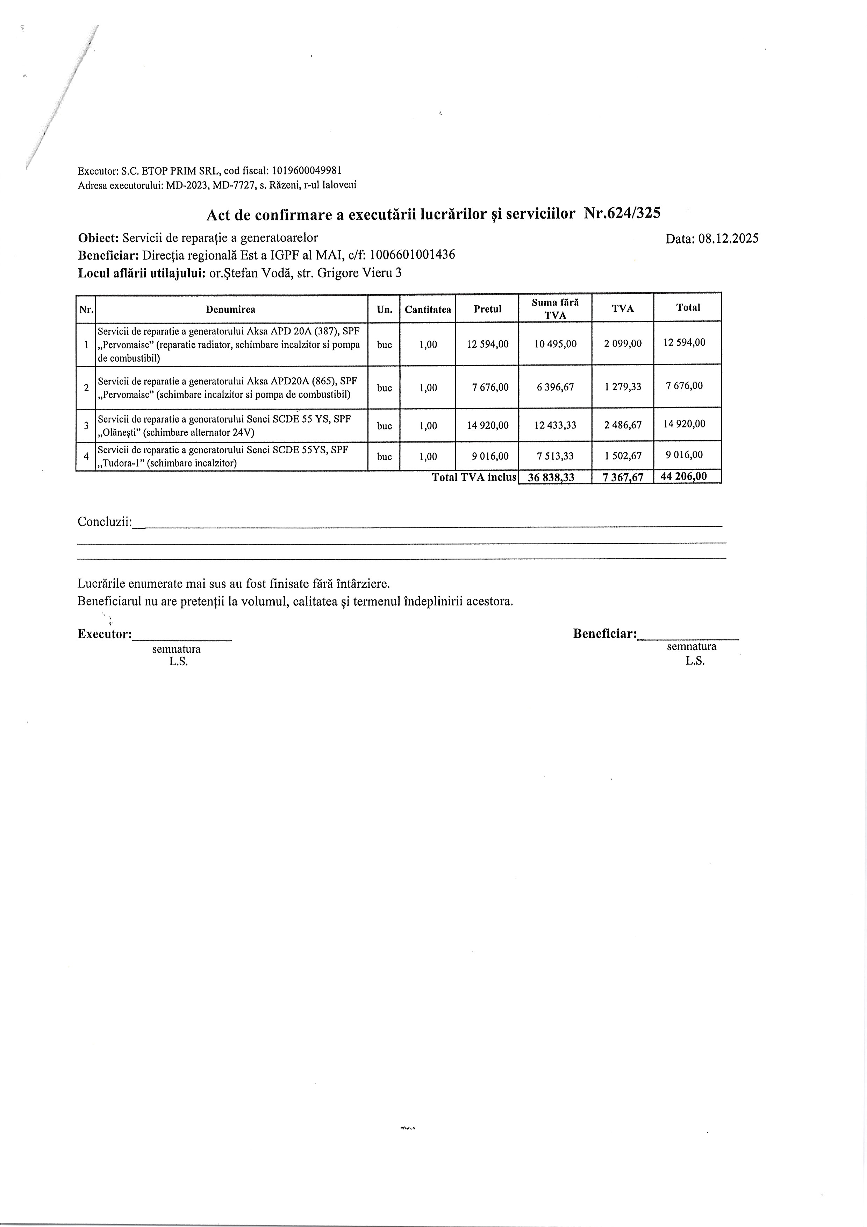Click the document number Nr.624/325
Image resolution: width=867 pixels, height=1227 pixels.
pyautogui.click(x=622, y=214)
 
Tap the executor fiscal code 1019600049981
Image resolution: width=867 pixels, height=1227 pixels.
pyautogui.click(x=307, y=170)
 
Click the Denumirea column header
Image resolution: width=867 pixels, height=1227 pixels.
pyautogui.click(x=231, y=310)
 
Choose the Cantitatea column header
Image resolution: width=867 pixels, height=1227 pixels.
pyautogui.click(x=428, y=310)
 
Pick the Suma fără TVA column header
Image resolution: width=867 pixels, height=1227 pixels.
pyautogui.click(x=555, y=309)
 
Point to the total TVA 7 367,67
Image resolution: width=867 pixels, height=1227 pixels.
pyautogui.click(x=623, y=477)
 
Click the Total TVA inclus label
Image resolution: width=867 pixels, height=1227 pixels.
pyautogui.click(x=474, y=477)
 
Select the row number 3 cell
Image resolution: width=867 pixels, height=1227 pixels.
pyautogui.click(x=86, y=426)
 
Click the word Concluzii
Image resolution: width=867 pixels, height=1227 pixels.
pyautogui.click(x=105, y=522)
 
